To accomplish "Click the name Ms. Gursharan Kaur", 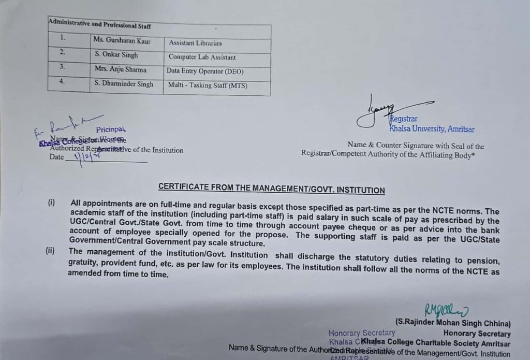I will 122,40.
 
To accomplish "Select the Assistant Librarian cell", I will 195,44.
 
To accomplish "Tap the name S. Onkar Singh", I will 116,55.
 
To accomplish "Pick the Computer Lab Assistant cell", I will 202,57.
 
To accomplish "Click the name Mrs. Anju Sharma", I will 120,69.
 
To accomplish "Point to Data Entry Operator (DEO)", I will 205,71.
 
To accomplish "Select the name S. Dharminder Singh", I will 124,84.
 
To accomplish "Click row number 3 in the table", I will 62,67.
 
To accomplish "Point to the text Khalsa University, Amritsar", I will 432,129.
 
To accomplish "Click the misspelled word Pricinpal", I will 110,129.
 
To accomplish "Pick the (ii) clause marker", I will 50,251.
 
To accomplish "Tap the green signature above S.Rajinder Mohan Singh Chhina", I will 446,310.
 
